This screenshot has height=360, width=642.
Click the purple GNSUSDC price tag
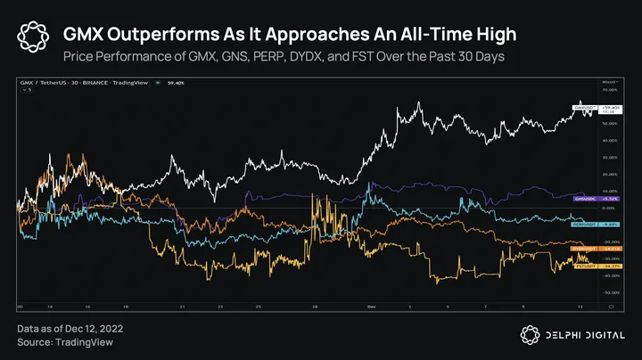point(584,198)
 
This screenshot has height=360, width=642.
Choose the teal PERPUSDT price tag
point(584,225)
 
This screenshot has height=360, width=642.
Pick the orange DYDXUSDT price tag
point(584,249)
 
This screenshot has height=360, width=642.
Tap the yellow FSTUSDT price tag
point(584,266)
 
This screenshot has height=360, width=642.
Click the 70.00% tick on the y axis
point(611,90)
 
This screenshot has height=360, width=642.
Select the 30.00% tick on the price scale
point(611,157)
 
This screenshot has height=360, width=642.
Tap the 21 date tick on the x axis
point(181,305)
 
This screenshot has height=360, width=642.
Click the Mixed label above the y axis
point(609,82)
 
